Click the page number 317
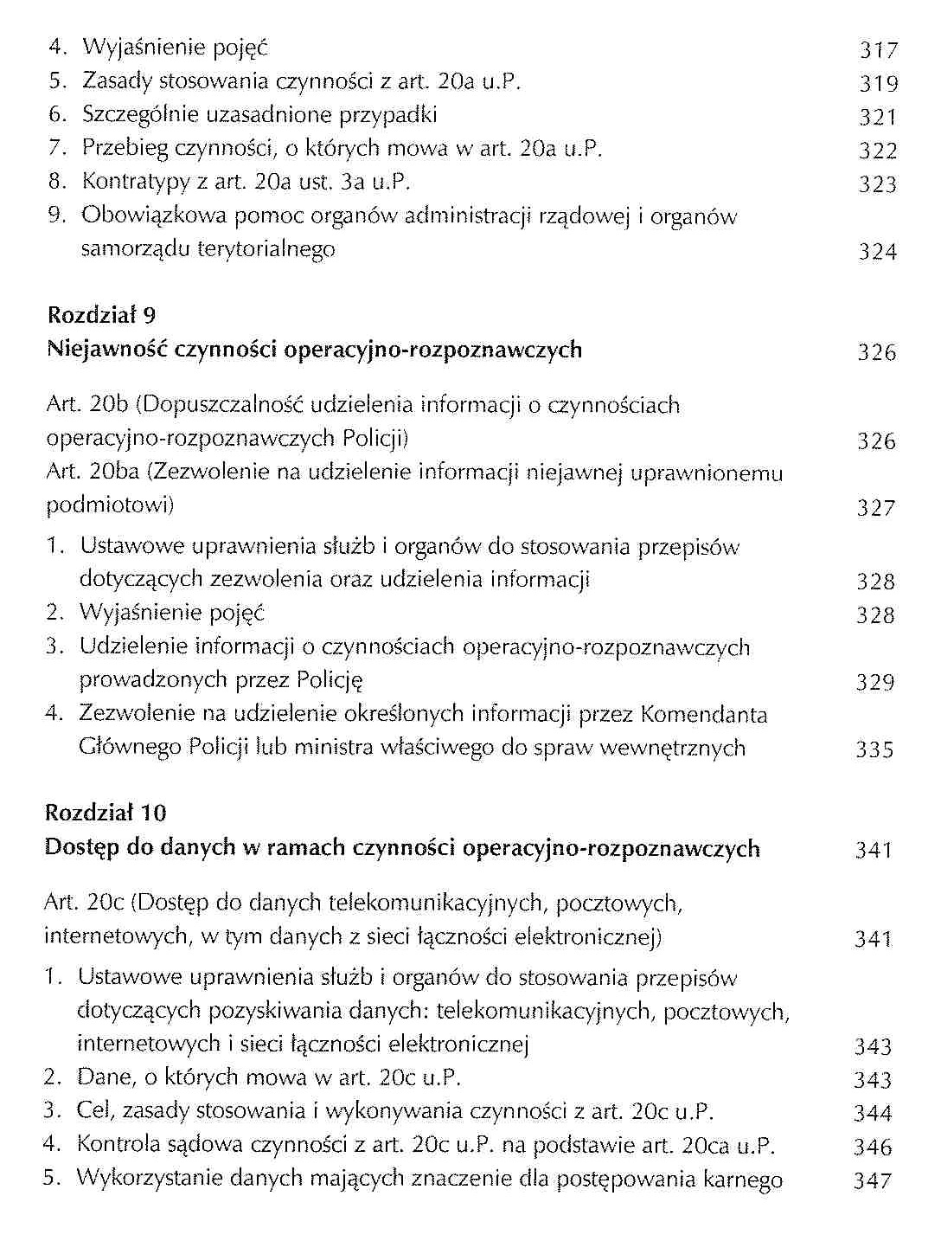point(879,50)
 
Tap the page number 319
point(879,84)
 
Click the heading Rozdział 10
point(105,813)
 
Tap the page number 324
point(877,253)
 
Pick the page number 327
point(875,508)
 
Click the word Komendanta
point(703,715)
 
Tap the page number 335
point(874,749)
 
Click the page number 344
point(873,1114)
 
